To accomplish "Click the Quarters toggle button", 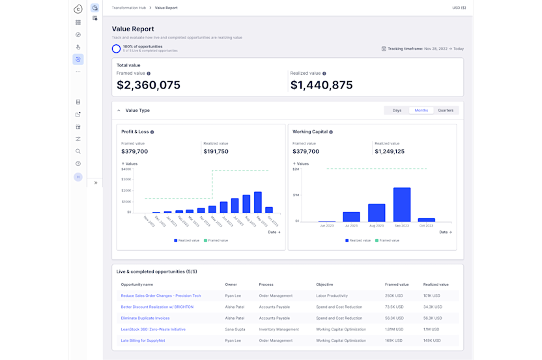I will (x=446, y=110).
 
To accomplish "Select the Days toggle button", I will (x=397, y=110).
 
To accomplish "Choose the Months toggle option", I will (x=421, y=110).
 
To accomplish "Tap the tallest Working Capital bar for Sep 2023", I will (x=402, y=204).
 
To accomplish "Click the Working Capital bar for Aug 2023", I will (x=377, y=212).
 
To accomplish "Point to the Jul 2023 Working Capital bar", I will (x=352, y=217).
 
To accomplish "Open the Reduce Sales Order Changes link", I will (x=161, y=296).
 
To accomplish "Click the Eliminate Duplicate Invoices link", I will (x=145, y=318).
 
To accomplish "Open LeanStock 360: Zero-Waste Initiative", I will (x=153, y=329).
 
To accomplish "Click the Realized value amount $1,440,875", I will (x=321, y=85).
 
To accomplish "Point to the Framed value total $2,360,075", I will (x=149, y=85).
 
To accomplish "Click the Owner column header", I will (x=231, y=284).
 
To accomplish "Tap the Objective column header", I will (x=324, y=284).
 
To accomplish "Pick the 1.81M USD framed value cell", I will (x=395, y=329).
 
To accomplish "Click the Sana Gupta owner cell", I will (x=236, y=329).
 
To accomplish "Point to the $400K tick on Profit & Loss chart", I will (x=126, y=169).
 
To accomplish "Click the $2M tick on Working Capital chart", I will (x=296, y=169).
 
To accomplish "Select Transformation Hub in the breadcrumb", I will (x=130, y=8).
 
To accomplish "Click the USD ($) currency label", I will (x=459, y=8).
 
